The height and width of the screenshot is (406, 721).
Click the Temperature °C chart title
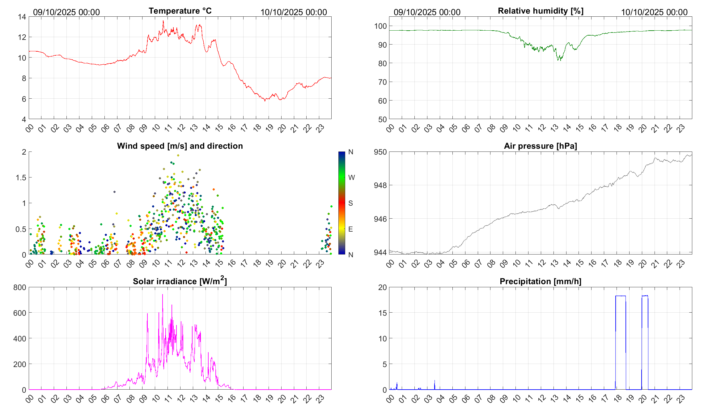[x=180, y=11]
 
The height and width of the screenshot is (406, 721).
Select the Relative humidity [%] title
[x=541, y=11]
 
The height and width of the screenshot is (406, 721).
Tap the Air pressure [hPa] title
[x=540, y=146]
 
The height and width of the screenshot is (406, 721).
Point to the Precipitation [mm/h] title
[x=540, y=281]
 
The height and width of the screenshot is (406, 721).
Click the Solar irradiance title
[x=180, y=281]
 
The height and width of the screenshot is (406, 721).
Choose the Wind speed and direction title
[x=180, y=146]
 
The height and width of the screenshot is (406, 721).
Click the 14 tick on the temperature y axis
[x=22, y=17]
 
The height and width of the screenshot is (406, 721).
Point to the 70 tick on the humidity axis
[x=382, y=82]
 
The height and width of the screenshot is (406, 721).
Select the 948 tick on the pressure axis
[x=380, y=185]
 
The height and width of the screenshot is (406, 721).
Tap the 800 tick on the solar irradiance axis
[x=19, y=287]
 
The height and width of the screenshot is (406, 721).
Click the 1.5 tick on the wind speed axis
[x=21, y=177]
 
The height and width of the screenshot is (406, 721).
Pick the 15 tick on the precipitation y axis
[x=382, y=313]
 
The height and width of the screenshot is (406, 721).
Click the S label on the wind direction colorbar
[x=350, y=203]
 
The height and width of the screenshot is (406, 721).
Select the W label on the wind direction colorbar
[x=351, y=177]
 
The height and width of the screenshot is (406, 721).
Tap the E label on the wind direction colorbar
[x=350, y=229]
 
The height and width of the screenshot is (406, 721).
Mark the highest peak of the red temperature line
[x=163, y=21]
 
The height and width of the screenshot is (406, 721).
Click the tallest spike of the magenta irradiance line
[x=163, y=294]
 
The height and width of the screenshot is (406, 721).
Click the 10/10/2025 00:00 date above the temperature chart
[x=294, y=12]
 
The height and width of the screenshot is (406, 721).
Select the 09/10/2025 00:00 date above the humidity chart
[x=427, y=12]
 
